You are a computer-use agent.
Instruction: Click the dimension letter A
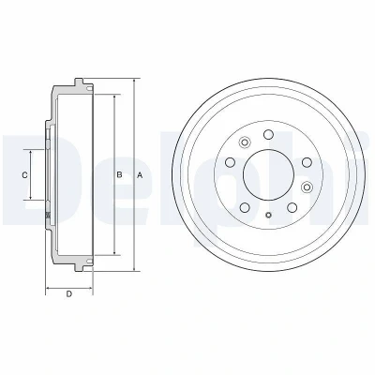[x=140, y=175]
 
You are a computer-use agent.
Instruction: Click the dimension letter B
[x=119, y=175]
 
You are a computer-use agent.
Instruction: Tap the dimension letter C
[x=24, y=175]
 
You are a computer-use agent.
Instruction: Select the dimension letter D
[x=69, y=293]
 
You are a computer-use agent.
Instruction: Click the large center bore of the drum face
[x=268, y=175]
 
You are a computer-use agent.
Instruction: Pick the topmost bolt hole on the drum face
[x=268, y=135]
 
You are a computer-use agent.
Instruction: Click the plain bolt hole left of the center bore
[x=231, y=162]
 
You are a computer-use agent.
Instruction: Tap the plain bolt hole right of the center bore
[x=307, y=162]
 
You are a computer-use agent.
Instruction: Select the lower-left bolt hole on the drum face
[x=245, y=207]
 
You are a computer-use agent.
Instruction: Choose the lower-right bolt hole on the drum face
[x=292, y=207]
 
